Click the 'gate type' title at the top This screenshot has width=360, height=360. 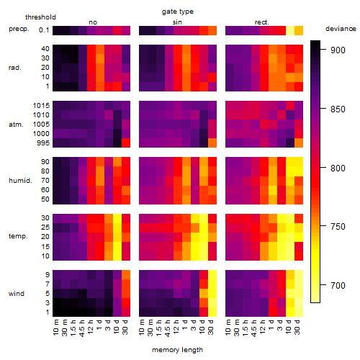tap(178, 12)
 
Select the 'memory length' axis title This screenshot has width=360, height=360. tap(177, 350)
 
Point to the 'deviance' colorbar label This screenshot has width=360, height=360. tap(341, 29)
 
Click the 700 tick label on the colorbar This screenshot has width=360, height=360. tap(338, 286)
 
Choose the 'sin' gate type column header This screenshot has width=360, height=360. tap(177, 22)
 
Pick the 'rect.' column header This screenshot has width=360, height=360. tap(261, 22)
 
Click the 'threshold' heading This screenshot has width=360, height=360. tap(40, 17)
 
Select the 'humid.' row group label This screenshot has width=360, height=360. tap(20, 181)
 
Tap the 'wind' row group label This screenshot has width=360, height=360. tap(17, 294)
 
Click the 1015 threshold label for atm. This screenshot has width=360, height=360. tap(41, 106)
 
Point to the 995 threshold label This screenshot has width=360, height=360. tap(43, 143)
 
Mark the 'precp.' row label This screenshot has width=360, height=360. tap(19, 30)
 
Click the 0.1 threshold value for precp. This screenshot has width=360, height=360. tap(44, 30)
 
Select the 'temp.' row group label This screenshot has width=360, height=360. tap(18, 236)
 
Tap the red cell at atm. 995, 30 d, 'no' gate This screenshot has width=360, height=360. tap(126, 143)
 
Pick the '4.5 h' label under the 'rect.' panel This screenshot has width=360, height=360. tap(253, 328)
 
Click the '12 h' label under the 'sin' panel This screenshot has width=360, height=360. tap(176, 327)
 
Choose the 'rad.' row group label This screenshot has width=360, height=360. tap(15, 68)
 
